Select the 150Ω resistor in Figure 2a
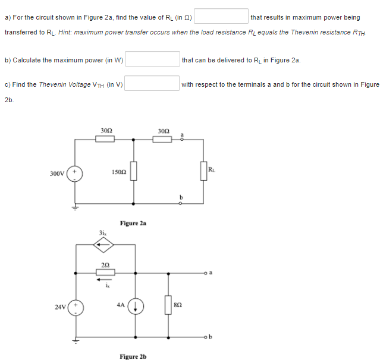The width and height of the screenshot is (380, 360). [x=133, y=172]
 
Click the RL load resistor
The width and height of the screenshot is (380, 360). [x=203, y=171]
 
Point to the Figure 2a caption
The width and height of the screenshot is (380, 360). [x=133, y=223]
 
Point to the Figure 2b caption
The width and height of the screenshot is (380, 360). [x=133, y=356]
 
